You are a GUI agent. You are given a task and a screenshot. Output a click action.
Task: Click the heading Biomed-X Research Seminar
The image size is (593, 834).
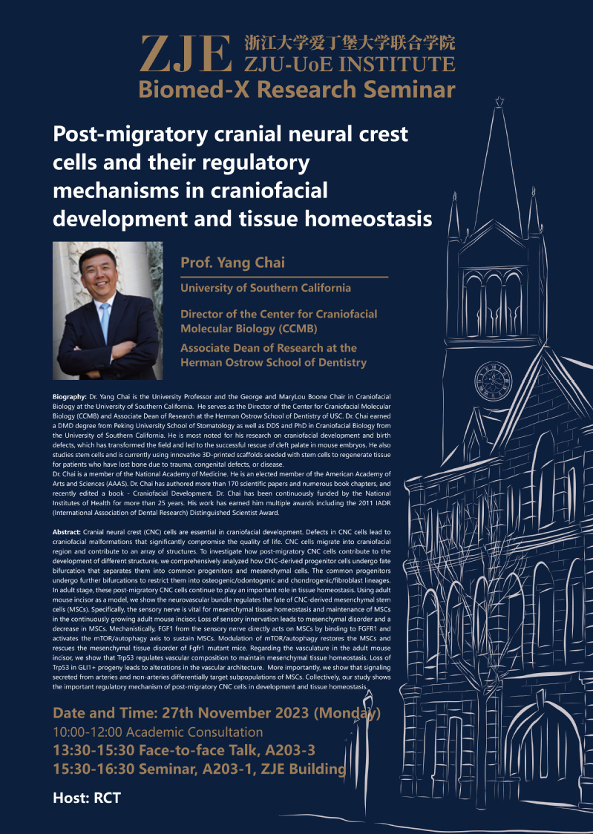[x=296, y=90]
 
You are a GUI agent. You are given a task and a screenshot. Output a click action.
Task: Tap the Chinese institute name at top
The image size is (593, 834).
[x=350, y=42]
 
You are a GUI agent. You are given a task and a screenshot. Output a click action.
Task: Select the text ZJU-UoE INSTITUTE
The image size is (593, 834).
[x=350, y=64]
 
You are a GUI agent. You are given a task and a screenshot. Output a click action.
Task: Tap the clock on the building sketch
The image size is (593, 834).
[x=493, y=379]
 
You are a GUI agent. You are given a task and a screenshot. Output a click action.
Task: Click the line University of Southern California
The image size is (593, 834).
[x=266, y=288]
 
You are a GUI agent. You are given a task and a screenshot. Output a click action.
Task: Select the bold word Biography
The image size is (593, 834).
[x=69, y=398]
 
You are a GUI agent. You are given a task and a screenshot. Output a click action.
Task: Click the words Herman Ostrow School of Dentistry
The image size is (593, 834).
[x=273, y=363]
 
